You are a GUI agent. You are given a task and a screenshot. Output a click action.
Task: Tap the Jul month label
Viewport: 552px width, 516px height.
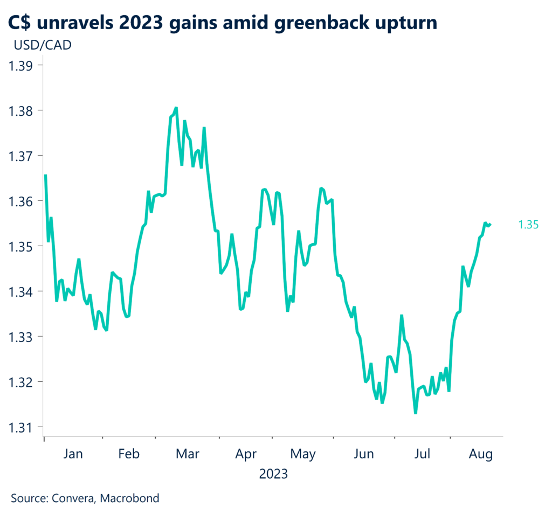(422, 454)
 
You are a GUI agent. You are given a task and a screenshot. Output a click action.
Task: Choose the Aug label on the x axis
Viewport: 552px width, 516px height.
(481, 454)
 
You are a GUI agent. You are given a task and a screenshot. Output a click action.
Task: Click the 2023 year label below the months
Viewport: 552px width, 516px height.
(273, 475)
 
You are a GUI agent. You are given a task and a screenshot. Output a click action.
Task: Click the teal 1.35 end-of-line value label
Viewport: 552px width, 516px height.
(528, 225)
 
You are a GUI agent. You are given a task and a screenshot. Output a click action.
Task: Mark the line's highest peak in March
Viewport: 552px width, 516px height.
(176, 108)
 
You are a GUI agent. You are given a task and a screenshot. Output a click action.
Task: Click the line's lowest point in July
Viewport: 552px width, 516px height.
(415, 413)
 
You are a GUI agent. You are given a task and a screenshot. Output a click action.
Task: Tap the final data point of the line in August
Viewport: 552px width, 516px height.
(489, 225)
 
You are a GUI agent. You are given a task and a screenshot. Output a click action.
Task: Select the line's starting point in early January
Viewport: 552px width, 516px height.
(45, 175)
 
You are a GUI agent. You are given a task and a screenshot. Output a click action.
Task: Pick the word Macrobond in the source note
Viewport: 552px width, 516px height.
(130, 498)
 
